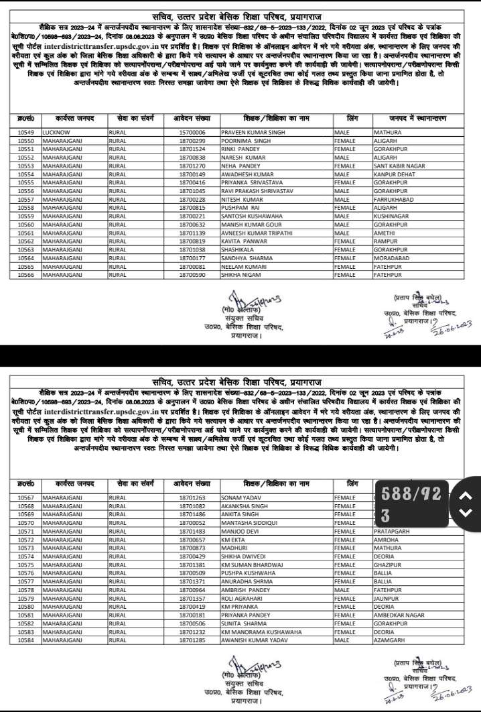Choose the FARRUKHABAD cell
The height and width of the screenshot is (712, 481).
tap(395, 198)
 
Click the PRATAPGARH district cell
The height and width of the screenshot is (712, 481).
tap(393, 530)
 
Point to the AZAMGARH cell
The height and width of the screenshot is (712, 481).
tap(391, 640)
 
